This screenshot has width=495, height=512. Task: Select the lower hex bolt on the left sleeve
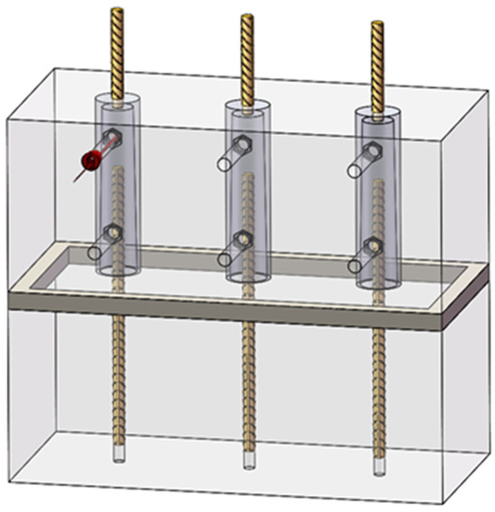tap(112, 237)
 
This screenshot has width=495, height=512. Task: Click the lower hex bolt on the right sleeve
tap(370, 246)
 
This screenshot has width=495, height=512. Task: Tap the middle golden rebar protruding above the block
tap(247, 54)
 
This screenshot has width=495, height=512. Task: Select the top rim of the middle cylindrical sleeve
tap(247, 106)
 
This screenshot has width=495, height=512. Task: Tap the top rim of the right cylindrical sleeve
tap(376, 112)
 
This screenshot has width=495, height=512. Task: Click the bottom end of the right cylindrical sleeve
tap(376, 283)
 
